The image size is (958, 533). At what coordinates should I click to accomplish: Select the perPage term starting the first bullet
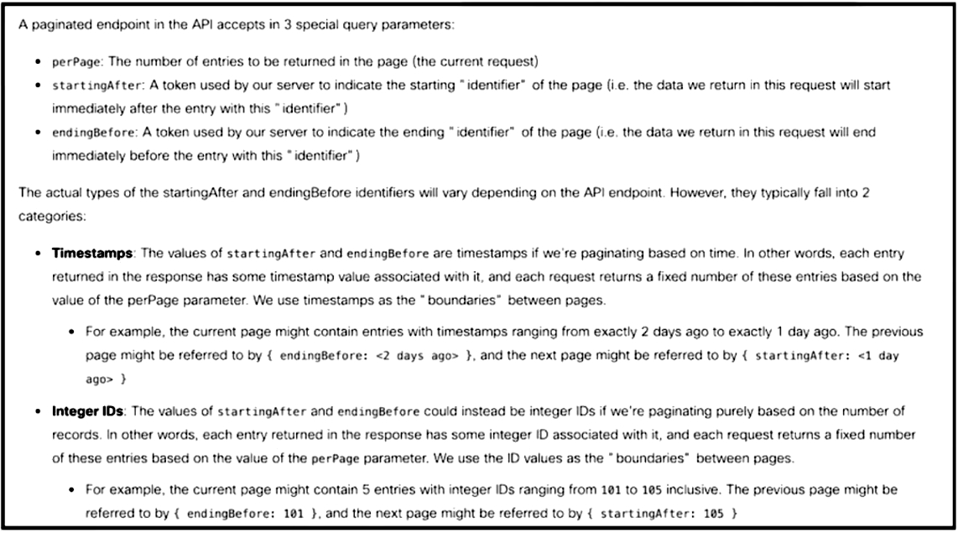[72, 62]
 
